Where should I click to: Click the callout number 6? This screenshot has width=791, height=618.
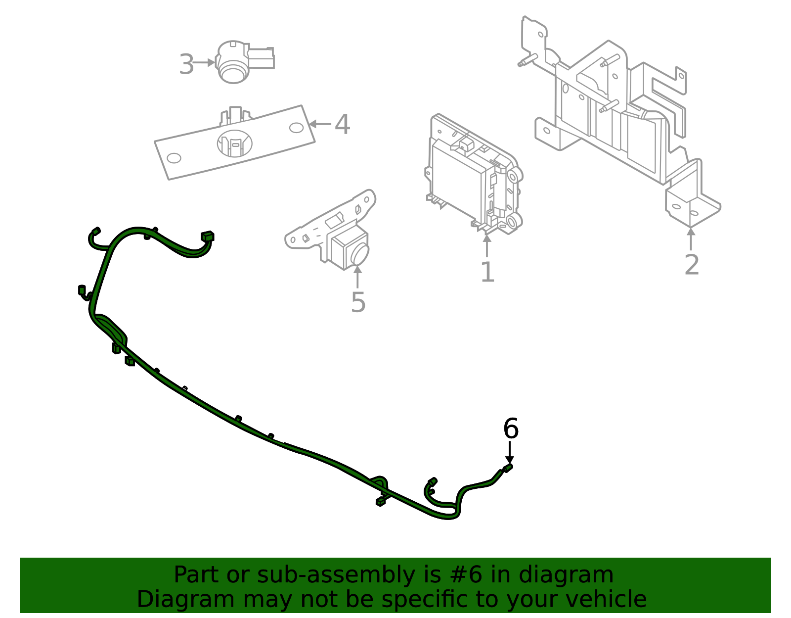coord(511,428)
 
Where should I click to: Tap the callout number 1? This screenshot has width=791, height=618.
coord(487,272)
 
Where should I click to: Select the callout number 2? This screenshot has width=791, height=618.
coord(692,265)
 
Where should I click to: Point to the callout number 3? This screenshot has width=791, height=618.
coord(186,64)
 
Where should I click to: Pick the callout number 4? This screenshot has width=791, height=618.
coord(342,124)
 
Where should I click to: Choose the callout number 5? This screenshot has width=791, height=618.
coord(358,302)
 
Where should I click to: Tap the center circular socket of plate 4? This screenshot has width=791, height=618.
coord(235,143)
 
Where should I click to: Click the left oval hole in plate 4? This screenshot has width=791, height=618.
coord(174,158)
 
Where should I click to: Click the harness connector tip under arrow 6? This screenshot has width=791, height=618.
coord(508,468)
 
